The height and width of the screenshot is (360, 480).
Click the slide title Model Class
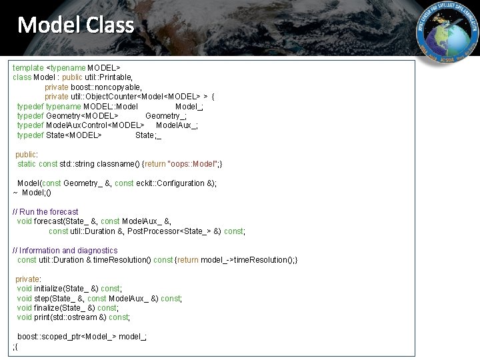[75, 25]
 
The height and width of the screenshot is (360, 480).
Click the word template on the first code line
[28, 68]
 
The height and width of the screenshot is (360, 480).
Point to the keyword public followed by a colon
[27, 154]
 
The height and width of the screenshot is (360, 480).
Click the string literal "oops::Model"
[195, 164]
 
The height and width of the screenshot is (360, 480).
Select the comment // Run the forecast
[45, 212]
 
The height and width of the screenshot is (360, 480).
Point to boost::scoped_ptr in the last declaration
[45, 337]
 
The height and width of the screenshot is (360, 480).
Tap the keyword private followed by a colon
[27, 279]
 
